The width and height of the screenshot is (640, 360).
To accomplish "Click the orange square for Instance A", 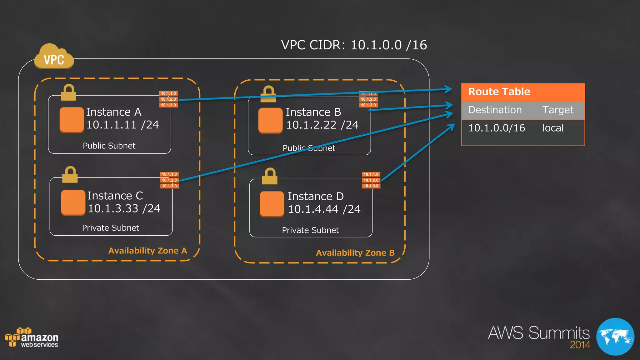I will (x=72, y=120).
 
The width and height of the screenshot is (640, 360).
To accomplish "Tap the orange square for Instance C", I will (x=73, y=202).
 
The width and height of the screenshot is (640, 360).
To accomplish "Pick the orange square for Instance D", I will (x=272, y=204).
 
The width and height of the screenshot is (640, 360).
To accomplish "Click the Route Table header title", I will (x=499, y=92).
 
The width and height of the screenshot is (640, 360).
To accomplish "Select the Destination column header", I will (x=495, y=110).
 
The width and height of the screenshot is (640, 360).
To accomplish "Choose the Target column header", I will (x=558, y=110).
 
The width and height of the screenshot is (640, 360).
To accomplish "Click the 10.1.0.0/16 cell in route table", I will (x=497, y=128).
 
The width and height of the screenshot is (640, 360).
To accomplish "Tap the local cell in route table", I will (x=553, y=128).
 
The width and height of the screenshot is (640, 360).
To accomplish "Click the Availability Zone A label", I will (x=147, y=251).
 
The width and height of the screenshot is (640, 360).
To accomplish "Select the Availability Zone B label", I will (x=355, y=253).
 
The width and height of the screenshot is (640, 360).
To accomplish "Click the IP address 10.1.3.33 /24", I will (x=124, y=208).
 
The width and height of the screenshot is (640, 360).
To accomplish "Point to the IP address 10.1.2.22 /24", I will (x=322, y=125).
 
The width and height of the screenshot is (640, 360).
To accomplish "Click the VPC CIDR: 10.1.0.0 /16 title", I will (x=354, y=45).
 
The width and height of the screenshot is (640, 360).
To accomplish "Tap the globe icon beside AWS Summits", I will (x=615, y=337).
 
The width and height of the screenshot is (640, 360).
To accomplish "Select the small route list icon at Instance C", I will (x=169, y=180).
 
